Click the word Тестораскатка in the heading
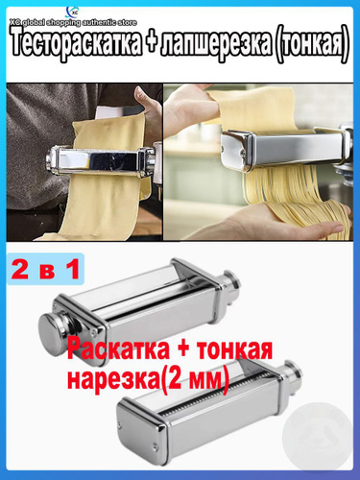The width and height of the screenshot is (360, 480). pyautogui.click(x=76, y=46)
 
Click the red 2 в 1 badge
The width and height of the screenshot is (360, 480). pyautogui.click(x=45, y=269)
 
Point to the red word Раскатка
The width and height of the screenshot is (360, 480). pyautogui.click(x=118, y=349)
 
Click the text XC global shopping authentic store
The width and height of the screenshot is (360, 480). pyautogui.click(x=73, y=23)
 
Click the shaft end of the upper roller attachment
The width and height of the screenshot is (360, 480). pyautogui.click(x=231, y=282)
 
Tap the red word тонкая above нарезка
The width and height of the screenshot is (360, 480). pyautogui.click(x=234, y=350)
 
